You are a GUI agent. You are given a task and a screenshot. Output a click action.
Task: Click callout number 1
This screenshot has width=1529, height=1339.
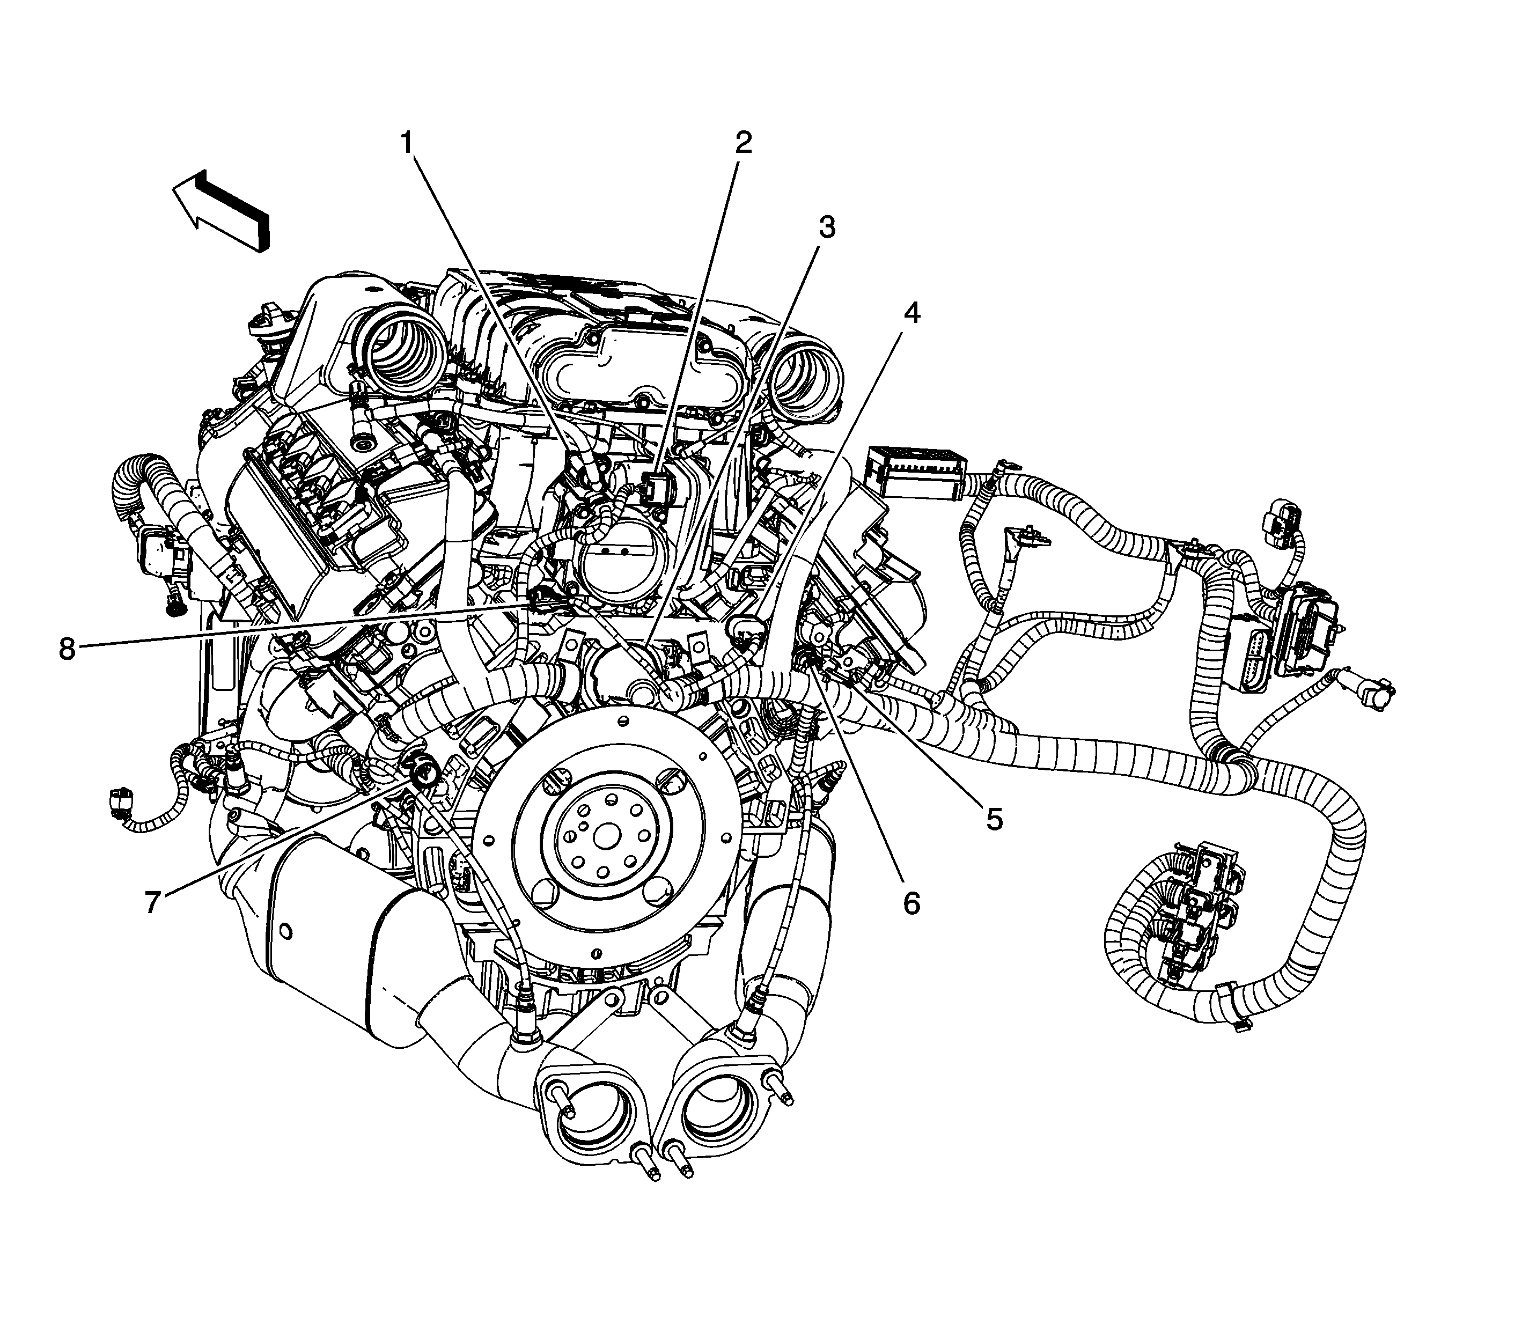407,142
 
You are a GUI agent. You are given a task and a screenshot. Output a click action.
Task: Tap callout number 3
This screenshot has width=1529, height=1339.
825,227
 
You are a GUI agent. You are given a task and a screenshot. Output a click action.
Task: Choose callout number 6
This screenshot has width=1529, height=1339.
911,903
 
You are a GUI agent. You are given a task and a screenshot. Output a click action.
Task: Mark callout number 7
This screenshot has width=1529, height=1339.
153,903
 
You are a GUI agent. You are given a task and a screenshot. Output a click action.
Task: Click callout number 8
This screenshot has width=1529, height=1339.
67,649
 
